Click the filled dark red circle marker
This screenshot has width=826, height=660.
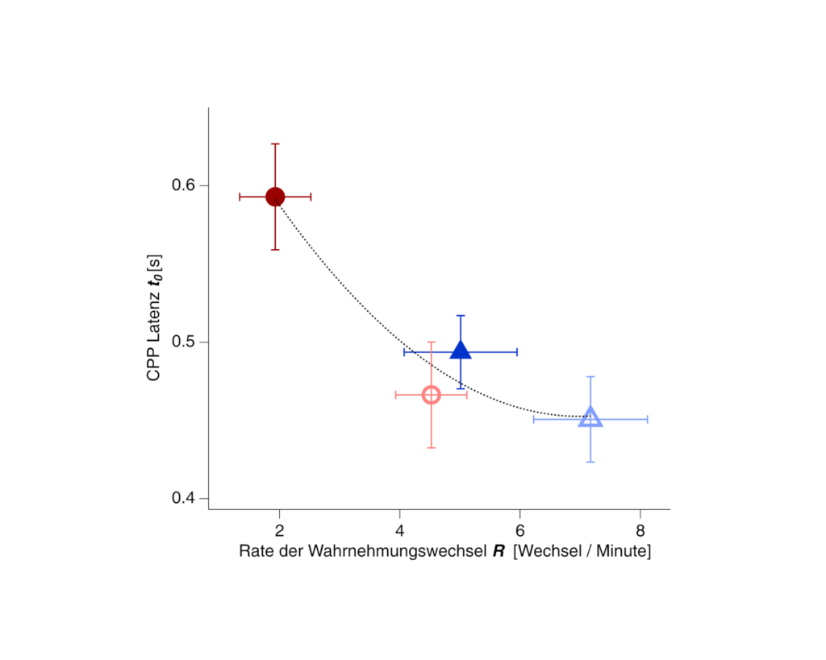click(275, 197)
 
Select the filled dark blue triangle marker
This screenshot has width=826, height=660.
click(460, 351)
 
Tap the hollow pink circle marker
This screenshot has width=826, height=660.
click(432, 395)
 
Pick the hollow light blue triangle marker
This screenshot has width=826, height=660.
click(590, 417)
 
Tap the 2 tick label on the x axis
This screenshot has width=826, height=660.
click(279, 530)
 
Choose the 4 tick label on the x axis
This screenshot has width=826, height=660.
click(399, 530)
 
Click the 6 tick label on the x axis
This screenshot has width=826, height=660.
click(520, 530)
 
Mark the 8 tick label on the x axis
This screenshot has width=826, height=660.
click(640, 530)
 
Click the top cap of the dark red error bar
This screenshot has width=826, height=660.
click(275, 144)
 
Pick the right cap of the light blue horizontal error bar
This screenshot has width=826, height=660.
click(647, 419)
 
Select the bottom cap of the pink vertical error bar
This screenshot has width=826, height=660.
click(432, 447)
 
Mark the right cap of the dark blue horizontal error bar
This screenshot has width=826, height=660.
click(516, 352)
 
